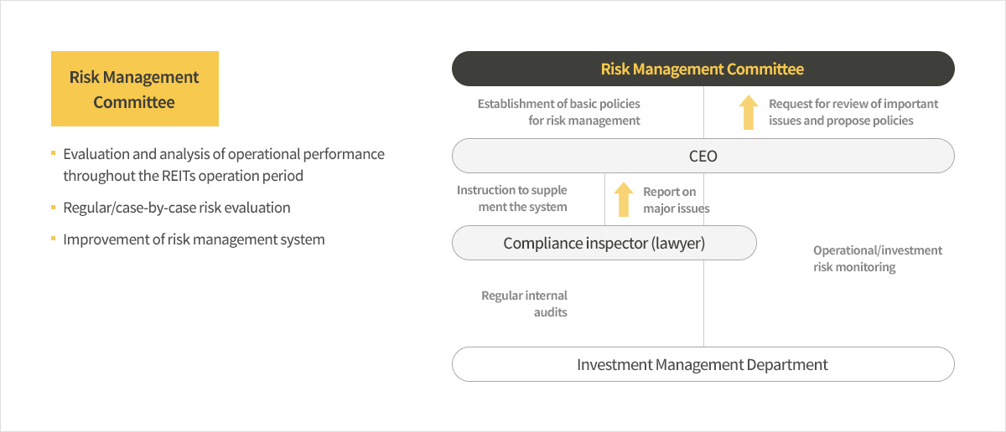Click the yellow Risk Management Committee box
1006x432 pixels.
[135, 89]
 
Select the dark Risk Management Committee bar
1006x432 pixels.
[703, 69]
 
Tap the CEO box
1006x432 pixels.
[703, 156]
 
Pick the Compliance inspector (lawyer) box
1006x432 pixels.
[604, 243]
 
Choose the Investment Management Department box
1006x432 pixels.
[703, 364]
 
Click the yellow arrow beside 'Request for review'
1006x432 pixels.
[748, 112]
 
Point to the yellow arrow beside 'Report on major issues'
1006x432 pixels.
[624, 199]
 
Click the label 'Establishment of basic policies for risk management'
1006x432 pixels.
[558, 112]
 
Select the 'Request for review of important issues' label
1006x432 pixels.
[853, 112]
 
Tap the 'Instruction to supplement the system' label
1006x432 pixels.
[512, 198]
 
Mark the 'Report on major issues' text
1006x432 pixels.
[677, 200]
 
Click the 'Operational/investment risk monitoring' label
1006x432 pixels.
[878, 259]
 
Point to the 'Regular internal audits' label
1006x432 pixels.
[524, 304]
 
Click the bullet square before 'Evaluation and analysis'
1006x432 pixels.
[54, 153]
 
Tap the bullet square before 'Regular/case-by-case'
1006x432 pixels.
[54, 208]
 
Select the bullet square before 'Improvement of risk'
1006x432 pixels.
[54, 239]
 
